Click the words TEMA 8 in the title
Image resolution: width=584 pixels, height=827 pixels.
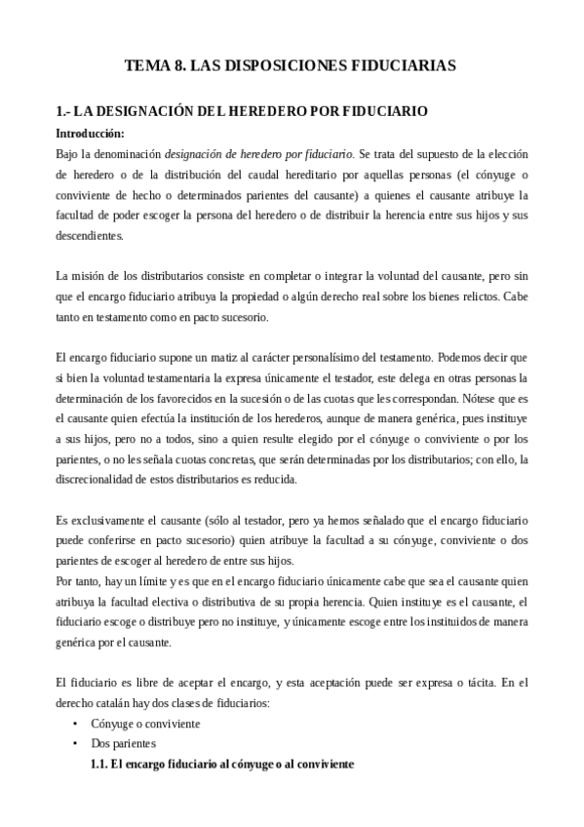(154, 66)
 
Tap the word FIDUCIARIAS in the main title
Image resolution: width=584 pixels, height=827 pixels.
(402, 66)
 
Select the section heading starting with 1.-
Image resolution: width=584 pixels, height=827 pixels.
(241, 112)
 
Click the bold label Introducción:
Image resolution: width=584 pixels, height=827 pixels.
(90, 133)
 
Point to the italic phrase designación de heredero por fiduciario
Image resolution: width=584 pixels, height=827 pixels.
(258, 153)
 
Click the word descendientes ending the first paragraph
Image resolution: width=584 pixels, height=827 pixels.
(91, 235)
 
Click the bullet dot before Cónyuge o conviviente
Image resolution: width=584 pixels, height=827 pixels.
(76, 725)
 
